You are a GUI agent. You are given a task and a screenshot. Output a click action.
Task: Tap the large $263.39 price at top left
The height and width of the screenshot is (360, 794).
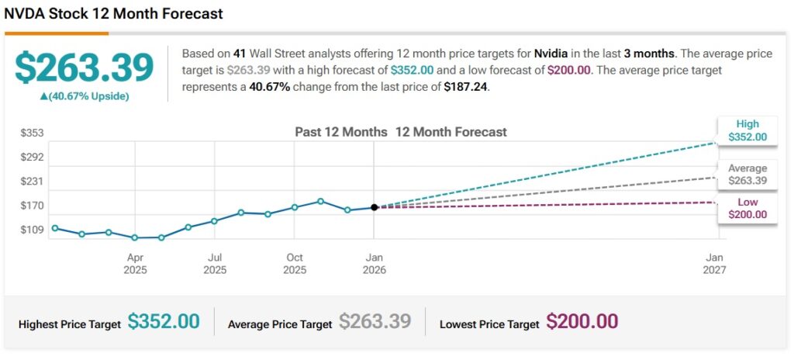click(85, 68)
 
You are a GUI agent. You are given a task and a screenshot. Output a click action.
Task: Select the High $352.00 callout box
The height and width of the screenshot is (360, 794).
click(747, 130)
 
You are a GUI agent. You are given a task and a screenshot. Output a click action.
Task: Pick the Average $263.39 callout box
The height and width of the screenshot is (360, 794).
click(747, 175)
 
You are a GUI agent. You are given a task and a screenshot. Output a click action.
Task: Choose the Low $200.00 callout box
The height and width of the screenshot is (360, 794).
click(747, 208)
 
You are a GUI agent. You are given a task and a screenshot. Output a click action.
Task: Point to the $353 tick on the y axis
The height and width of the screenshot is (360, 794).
click(32, 133)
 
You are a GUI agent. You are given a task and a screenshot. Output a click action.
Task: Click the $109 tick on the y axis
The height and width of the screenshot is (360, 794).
click(32, 230)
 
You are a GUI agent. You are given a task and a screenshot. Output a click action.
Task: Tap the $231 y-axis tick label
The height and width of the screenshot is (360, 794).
click(32, 181)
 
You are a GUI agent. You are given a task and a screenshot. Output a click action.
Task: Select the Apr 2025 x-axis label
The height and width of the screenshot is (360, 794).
click(135, 264)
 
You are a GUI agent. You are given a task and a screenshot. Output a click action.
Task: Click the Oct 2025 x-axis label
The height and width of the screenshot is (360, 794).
click(295, 264)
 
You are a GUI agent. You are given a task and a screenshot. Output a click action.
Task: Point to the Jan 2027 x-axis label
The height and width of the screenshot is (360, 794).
click(714, 264)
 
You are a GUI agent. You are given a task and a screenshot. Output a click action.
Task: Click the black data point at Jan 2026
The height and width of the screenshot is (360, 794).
click(375, 207)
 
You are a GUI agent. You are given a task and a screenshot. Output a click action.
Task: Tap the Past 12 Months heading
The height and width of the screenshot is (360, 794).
click(340, 132)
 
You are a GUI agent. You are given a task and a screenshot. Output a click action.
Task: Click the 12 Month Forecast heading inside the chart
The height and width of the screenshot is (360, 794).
click(451, 132)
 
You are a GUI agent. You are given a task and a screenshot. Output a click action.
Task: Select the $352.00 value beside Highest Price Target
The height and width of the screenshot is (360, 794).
click(164, 322)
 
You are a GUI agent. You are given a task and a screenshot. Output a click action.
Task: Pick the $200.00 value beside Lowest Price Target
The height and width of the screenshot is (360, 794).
click(582, 322)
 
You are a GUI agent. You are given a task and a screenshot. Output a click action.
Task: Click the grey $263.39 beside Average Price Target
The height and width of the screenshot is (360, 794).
click(375, 322)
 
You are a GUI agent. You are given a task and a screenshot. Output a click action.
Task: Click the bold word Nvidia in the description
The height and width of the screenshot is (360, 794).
click(554, 54)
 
